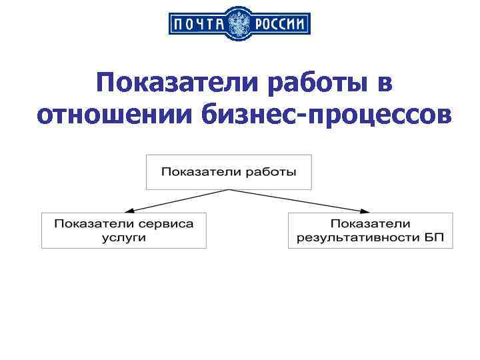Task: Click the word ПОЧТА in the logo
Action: [x=198, y=25]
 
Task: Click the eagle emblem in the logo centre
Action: [x=240, y=25]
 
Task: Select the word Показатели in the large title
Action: [x=176, y=84]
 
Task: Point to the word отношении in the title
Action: [x=113, y=114]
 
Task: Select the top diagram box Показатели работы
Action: [x=229, y=172]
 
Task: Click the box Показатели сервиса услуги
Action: [x=124, y=230]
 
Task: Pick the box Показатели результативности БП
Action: [x=370, y=230]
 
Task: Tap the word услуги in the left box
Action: [x=124, y=237]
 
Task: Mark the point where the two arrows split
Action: [x=229, y=190]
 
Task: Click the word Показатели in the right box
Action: [x=370, y=223]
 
